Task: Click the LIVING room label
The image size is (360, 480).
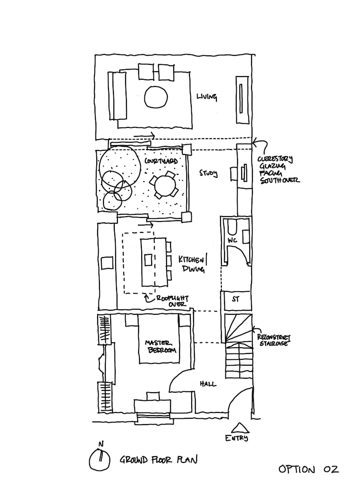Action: [207, 97]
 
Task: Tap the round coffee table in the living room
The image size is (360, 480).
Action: [156, 97]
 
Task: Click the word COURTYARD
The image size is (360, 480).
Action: [159, 161]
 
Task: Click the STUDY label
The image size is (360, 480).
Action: [209, 173]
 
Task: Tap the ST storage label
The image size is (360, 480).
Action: [235, 299]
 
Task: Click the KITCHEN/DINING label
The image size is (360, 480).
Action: [193, 264]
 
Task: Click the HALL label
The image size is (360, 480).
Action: [207, 384]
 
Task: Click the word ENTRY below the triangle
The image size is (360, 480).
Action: [237, 438]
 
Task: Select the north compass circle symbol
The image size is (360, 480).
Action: [100, 459]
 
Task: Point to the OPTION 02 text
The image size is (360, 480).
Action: [308, 469]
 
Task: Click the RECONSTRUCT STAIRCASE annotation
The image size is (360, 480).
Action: [273, 340]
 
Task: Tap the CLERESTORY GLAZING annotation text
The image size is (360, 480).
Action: [278, 170]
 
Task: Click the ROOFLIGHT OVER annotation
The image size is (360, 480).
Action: [171, 301]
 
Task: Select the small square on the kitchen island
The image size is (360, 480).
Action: [148, 260]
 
